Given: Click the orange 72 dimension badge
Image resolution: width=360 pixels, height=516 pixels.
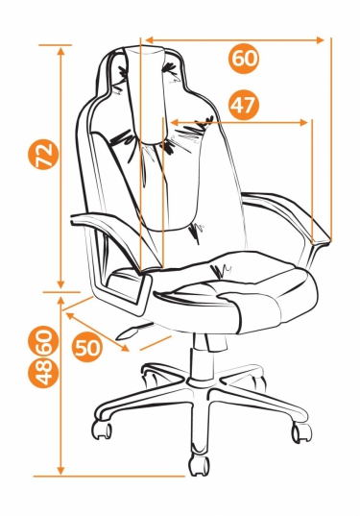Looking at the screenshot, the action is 43,155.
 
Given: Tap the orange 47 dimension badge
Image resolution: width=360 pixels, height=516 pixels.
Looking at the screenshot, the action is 244,106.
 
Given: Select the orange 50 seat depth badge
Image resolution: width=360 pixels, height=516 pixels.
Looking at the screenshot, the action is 87,347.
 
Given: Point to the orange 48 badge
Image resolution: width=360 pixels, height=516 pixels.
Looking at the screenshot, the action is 43,373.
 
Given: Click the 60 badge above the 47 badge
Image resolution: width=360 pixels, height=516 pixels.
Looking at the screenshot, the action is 244,59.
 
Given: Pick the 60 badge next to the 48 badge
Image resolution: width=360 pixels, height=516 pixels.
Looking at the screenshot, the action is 43,341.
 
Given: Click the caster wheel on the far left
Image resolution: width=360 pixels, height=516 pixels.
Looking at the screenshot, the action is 102,430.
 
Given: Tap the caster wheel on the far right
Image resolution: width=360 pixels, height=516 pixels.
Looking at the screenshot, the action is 301,432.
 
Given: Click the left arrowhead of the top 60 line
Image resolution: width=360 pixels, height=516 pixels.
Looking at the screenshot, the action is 150,40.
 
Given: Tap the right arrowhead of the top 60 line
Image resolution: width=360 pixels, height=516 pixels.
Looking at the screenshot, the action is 320,40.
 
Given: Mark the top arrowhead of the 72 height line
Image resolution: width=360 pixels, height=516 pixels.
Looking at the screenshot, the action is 60,52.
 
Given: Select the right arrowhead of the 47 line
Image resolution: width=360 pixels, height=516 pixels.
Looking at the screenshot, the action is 303,123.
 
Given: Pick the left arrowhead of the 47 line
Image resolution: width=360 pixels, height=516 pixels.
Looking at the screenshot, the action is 176,123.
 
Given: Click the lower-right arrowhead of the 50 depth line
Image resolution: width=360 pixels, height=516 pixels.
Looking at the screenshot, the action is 124,348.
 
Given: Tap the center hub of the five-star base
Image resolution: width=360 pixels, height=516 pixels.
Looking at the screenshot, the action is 200,381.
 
